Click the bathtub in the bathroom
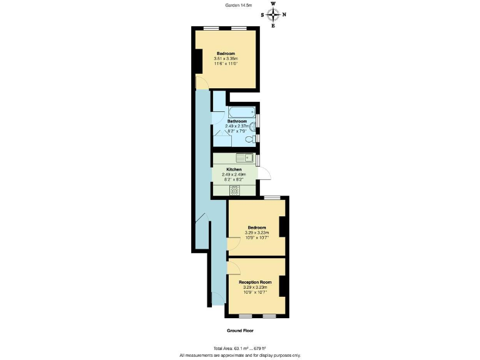pyautogui.click(x=241, y=112)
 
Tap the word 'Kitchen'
pyautogui.click(x=234, y=169)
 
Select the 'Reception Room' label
pyautogui.click(x=255, y=282)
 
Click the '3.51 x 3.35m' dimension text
pyautogui.click(x=226, y=59)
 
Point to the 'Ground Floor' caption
pyautogui.click(x=240, y=330)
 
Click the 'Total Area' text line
pyautogui.click(x=240, y=347)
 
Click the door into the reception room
pyautogui.click(x=232, y=268)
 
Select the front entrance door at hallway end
pyautogui.click(x=216, y=299)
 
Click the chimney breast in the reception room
pyautogui.click(x=282, y=286)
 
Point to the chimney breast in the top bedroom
pyautogui.click(x=198, y=61)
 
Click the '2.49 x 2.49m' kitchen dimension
pyautogui.click(x=234, y=175)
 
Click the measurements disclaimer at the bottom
pyautogui.click(x=240, y=354)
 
